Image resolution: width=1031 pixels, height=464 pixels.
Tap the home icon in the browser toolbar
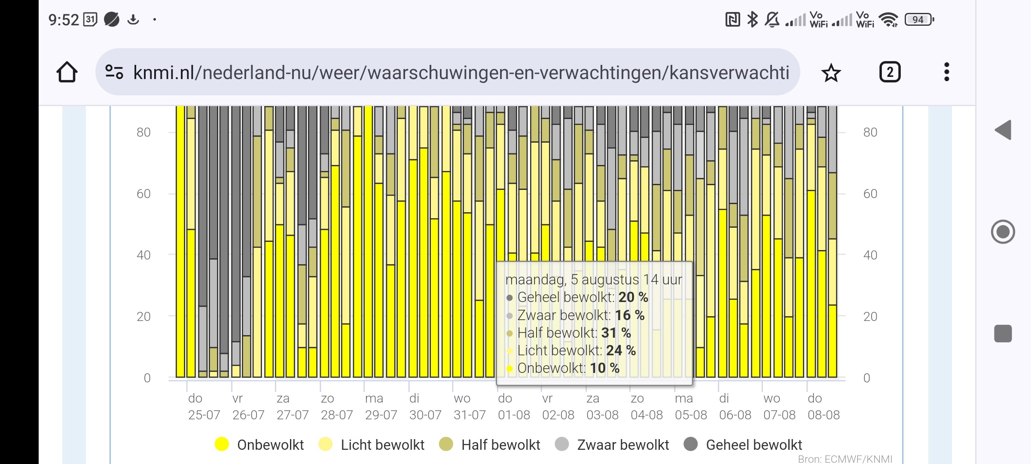tap(67, 72)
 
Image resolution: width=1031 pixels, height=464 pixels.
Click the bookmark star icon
tap(831, 73)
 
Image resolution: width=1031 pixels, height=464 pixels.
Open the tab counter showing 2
tap(890, 72)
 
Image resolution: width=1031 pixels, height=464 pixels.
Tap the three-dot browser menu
tap(946, 72)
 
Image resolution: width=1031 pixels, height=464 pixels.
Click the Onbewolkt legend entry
tap(259, 445)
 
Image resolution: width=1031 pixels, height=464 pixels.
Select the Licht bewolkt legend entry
tap(372, 445)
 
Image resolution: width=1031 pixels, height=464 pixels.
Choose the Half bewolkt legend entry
tap(490, 445)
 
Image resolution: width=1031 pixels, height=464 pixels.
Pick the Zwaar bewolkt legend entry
tap(612, 445)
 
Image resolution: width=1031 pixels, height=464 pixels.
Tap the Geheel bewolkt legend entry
tap(743, 445)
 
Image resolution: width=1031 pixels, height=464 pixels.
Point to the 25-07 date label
tap(204, 415)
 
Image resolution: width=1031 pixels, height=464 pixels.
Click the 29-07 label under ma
tap(381, 415)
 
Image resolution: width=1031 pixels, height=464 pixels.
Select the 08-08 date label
tap(824, 415)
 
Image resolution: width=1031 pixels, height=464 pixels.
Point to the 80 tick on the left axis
tap(143, 132)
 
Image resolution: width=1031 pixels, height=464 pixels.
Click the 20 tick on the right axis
tap(870, 317)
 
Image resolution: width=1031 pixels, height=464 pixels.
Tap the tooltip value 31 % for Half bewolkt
tap(616, 333)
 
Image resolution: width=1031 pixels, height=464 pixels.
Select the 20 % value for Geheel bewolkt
tap(633, 297)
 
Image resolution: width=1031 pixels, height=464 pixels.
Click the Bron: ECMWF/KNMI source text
tap(845, 459)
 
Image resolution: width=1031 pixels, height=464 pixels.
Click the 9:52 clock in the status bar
tap(64, 20)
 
